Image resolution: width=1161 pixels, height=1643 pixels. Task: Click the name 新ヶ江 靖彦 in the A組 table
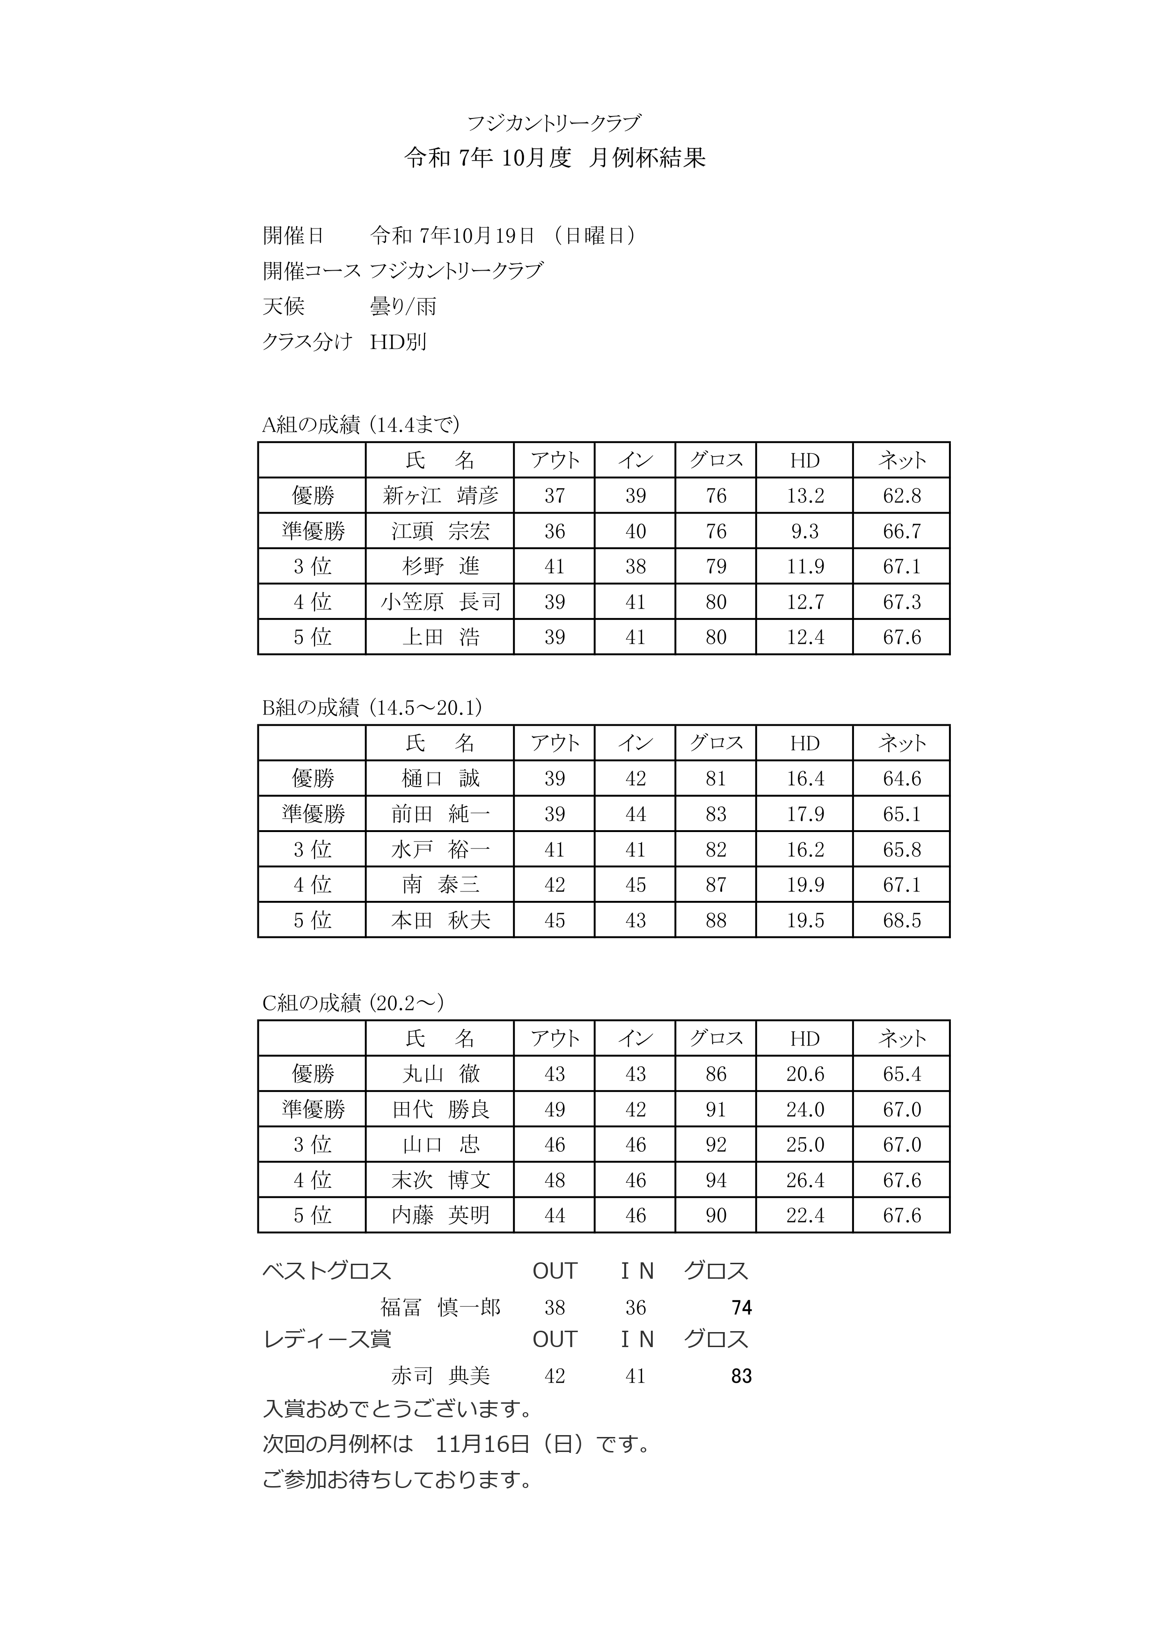pyautogui.click(x=439, y=496)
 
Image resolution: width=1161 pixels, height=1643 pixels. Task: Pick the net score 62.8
pyautogui.click(x=901, y=496)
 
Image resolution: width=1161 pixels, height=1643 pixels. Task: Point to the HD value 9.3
pyautogui.click(x=805, y=531)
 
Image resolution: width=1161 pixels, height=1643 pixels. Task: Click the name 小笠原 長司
pyautogui.click(x=439, y=602)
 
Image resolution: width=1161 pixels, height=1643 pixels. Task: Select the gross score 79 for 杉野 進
pyautogui.click(x=716, y=567)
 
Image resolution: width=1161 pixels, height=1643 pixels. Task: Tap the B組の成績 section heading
pyautogui.click(x=372, y=707)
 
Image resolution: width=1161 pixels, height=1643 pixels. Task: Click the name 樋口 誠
pyautogui.click(x=439, y=779)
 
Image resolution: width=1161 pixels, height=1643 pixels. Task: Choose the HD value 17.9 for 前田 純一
pyautogui.click(x=805, y=814)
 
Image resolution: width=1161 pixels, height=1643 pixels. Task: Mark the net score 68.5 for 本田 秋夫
pyautogui.click(x=901, y=920)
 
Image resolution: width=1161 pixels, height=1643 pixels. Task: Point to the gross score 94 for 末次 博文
pyautogui.click(x=716, y=1180)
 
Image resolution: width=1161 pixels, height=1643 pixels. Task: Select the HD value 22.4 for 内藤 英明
pyautogui.click(x=805, y=1215)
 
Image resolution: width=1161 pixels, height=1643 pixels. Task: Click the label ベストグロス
pyautogui.click(x=327, y=1271)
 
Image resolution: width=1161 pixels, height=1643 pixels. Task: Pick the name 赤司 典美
pyautogui.click(x=439, y=1375)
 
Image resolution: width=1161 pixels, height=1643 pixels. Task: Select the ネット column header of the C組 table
pyautogui.click(x=901, y=1039)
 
